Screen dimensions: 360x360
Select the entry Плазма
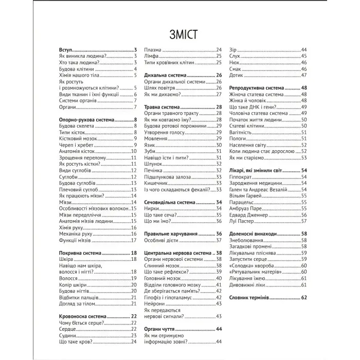[153, 49]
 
